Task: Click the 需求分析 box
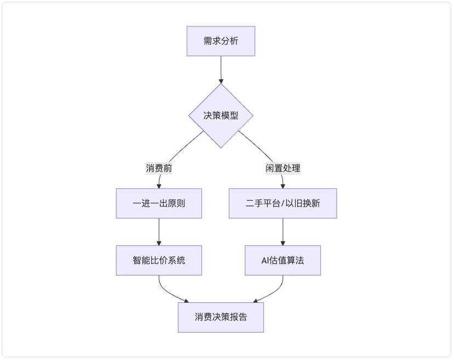[220, 41]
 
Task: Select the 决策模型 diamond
[221, 116]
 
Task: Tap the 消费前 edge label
[159, 168]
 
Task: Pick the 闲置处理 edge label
[283, 168]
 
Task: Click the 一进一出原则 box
[159, 204]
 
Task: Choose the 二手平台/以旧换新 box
[283, 204]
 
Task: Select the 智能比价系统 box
[159, 260]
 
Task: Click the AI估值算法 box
[283, 260]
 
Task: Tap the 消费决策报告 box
[221, 317]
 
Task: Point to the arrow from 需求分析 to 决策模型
[221, 70]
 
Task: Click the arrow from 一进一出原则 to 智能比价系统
[159, 232]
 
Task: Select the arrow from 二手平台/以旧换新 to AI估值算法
[283, 232]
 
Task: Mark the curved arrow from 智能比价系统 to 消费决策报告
[168, 292]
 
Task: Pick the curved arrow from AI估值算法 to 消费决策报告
[274, 292]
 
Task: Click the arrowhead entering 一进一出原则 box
[159, 187]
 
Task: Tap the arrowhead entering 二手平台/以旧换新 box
[283, 187]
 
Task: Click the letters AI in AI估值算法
[265, 261]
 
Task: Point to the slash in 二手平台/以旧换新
[283, 204]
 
